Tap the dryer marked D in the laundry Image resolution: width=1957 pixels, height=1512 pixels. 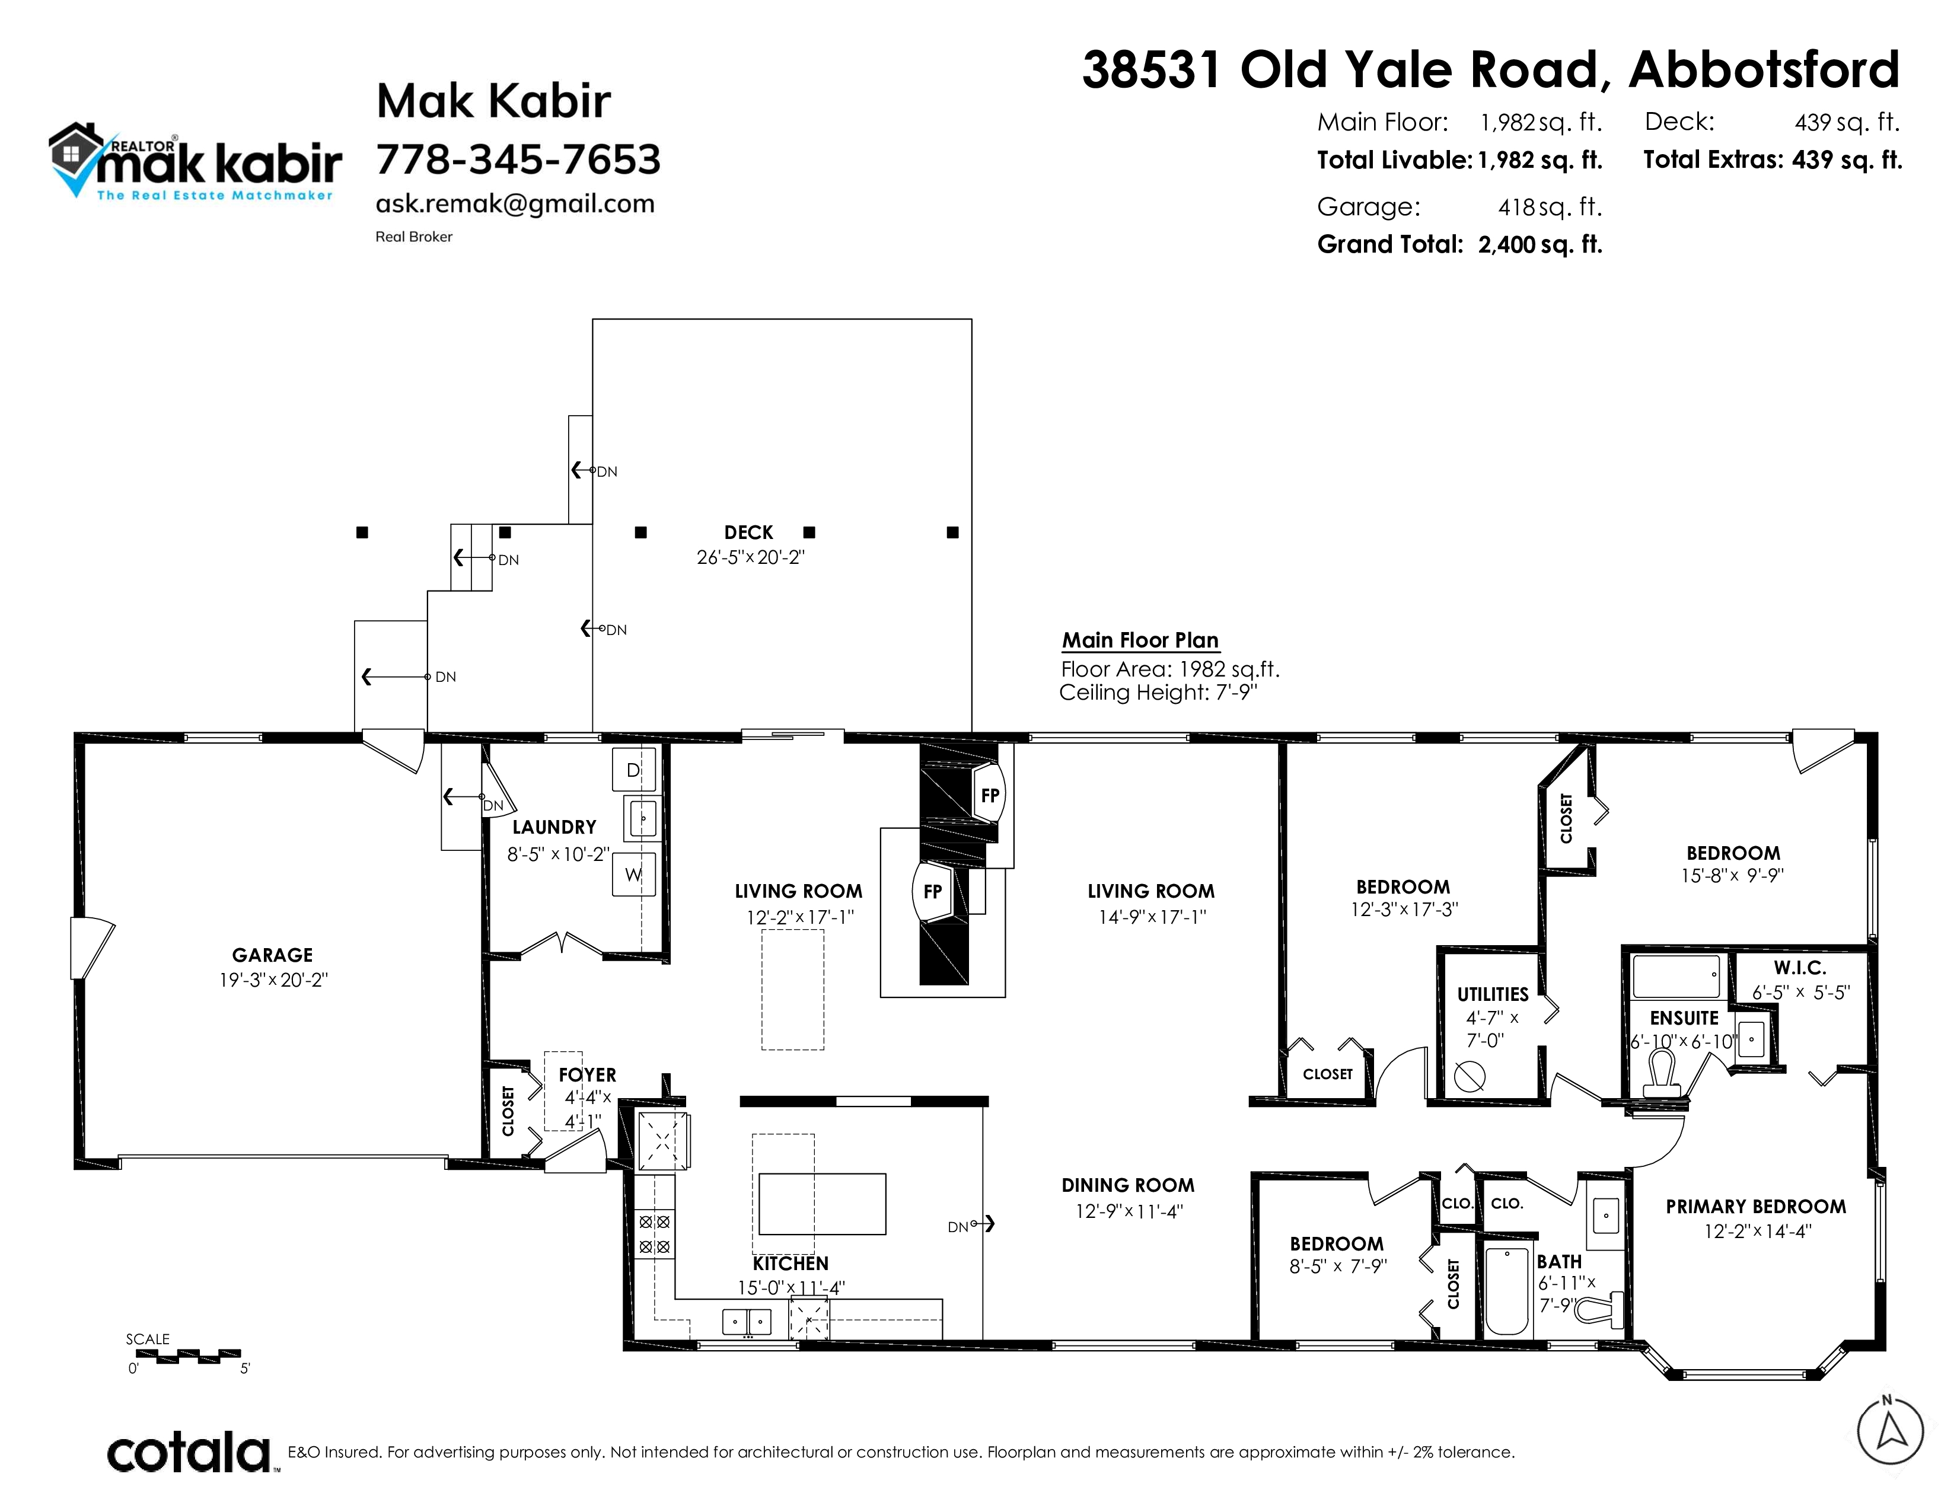[x=633, y=770]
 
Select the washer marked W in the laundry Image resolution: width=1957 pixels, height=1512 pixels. [x=633, y=874]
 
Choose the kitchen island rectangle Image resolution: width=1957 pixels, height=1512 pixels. [x=822, y=1204]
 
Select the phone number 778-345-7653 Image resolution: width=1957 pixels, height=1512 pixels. [x=518, y=160]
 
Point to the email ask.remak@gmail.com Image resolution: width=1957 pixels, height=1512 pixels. [x=515, y=204]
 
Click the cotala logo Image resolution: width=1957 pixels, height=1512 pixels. [x=189, y=1452]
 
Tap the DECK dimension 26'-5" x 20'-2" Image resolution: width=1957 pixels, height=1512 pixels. [x=751, y=557]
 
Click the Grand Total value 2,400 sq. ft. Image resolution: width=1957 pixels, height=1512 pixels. [x=1540, y=244]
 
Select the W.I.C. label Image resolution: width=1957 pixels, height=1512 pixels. [x=1799, y=968]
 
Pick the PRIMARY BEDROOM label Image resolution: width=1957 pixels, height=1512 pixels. [x=1755, y=1207]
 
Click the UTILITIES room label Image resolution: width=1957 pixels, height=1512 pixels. [x=1492, y=994]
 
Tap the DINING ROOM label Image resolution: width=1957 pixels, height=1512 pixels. [x=1127, y=1185]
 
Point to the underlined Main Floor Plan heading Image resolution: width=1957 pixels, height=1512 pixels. [x=1140, y=640]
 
